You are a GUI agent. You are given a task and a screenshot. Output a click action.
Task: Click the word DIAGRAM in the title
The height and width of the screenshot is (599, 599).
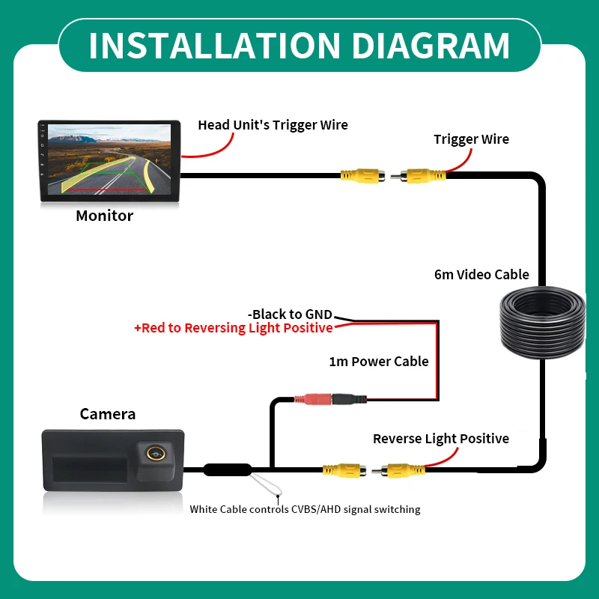431,46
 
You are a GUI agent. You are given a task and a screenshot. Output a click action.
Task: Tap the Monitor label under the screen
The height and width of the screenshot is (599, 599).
104,216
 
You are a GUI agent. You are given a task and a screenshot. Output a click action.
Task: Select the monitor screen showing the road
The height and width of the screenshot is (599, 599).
109,160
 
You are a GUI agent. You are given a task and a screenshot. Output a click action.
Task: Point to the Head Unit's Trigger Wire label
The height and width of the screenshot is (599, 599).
273,125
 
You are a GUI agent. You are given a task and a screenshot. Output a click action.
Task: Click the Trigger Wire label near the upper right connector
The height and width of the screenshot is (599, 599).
471,139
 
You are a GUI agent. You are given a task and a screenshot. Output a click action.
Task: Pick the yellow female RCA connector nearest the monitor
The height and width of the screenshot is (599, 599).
362,176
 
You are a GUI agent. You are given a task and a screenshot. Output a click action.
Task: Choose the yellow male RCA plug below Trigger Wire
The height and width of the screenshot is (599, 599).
419,176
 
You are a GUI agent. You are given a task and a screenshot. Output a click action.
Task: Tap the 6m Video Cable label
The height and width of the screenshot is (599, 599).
481,274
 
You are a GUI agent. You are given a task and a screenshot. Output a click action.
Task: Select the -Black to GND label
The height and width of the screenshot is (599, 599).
290,314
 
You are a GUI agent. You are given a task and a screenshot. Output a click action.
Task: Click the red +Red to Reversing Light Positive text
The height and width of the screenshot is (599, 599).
234,328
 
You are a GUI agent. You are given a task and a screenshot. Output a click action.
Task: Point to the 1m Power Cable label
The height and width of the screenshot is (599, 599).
379,362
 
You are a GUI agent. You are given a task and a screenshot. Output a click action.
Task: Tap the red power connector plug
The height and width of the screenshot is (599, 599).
313,400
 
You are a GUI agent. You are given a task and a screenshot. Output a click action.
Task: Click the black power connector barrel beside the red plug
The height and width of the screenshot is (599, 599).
349,400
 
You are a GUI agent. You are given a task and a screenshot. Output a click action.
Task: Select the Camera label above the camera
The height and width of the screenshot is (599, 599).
107,414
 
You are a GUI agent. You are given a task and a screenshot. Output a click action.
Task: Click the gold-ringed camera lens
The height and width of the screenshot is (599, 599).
156,454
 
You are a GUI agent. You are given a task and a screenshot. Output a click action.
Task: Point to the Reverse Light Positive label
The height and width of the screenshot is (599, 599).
441,439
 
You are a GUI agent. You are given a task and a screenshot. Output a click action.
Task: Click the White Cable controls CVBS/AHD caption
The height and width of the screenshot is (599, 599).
305,509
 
